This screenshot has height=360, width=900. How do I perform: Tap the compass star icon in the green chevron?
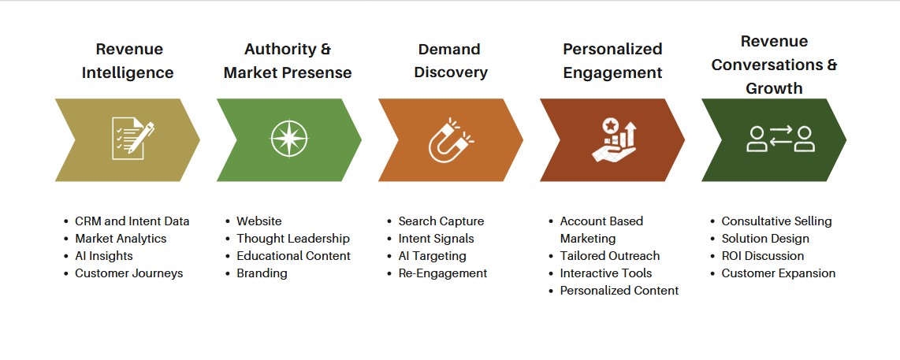(288, 139)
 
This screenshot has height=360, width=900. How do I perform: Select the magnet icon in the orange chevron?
(449, 139)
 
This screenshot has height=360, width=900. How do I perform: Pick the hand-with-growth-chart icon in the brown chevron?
(612, 139)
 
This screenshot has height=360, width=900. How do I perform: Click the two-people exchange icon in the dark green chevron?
(779, 139)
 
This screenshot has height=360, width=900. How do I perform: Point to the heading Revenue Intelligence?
(129, 61)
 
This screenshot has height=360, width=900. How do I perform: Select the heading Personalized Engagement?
(612, 61)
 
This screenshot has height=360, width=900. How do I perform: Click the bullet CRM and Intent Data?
(132, 221)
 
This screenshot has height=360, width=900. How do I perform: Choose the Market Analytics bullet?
(121, 239)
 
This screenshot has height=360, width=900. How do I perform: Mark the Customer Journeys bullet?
(128, 273)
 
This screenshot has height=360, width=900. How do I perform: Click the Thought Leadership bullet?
(292, 239)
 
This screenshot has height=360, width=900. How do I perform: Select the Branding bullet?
(262, 273)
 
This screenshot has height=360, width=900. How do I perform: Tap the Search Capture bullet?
(441, 221)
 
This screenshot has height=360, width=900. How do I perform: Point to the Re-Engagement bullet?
(442, 273)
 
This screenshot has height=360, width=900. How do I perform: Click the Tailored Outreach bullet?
(609, 256)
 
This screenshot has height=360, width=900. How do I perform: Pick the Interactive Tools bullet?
(606, 273)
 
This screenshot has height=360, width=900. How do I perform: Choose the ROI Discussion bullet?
(762, 256)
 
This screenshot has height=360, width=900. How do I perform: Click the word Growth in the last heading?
(774, 88)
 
